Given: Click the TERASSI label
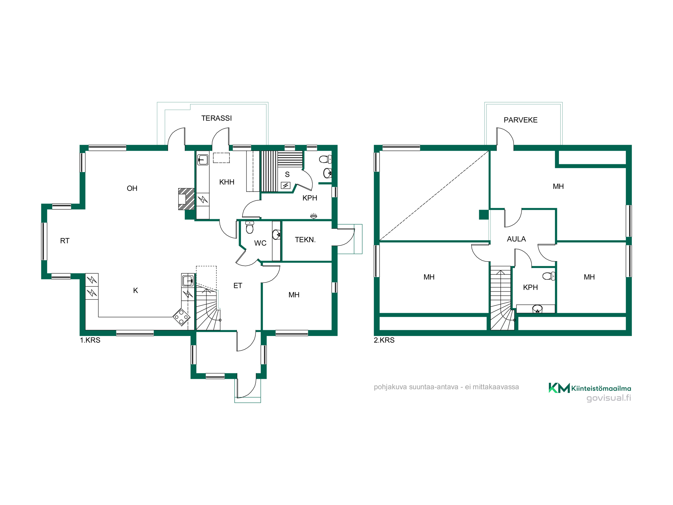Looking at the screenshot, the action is (216, 118).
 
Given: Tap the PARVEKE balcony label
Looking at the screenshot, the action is (521, 120).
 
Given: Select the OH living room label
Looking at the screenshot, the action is (132, 189).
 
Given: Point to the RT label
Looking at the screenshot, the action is (65, 241).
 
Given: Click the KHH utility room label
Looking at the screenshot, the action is (227, 182).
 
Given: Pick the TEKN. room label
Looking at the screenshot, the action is (305, 240).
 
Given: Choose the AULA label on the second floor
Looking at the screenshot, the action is (516, 239).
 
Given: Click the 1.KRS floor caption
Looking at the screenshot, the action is (90, 340).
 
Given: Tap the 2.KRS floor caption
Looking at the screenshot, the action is (384, 340).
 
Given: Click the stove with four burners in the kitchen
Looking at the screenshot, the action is (181, 317).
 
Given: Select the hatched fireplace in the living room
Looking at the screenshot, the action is (186, 199).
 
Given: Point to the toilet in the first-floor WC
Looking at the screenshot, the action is (250, 227).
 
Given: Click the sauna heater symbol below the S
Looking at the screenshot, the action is (286, 185).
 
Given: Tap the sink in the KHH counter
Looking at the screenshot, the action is (203, 159).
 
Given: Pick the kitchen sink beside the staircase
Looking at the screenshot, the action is (188, 280).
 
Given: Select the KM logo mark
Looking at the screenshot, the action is (559, 388).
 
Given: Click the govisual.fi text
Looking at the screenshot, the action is (609, 398).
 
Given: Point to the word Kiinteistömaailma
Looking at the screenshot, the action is (601, 389).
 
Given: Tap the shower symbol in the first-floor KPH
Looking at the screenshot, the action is (314, 216).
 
